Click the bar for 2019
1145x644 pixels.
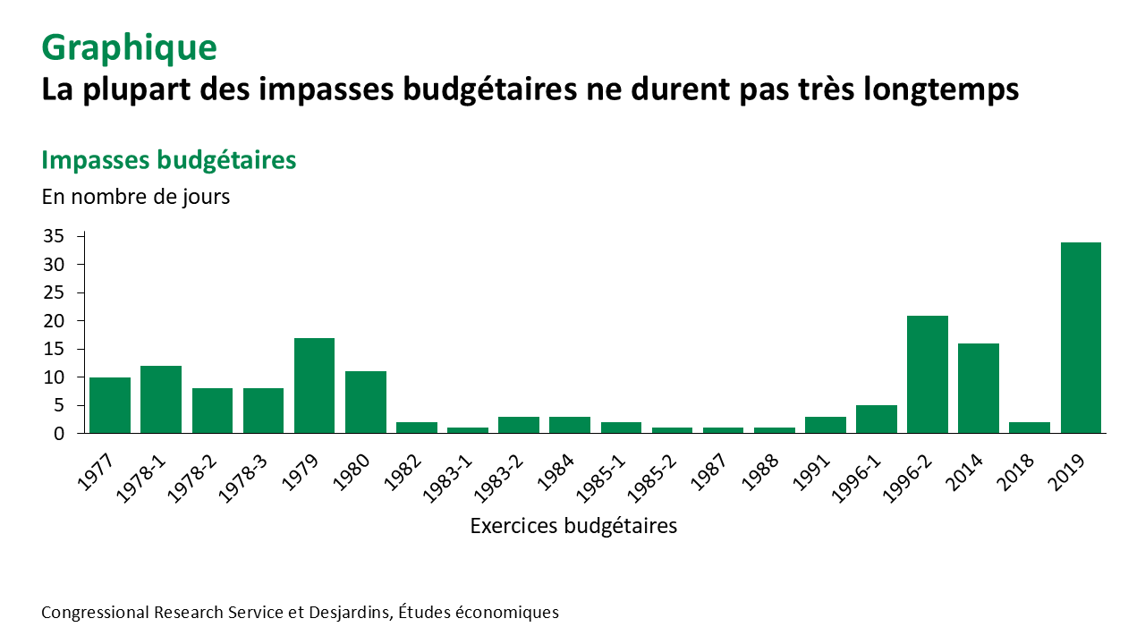(1081, 337)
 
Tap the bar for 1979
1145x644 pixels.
(314, 386)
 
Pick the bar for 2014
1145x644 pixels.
(979, 388)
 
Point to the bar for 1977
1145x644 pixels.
(110, 405)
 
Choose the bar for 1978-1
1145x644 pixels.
(161, 399)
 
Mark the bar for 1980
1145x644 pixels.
(366, 402)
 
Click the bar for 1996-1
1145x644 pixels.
(877, 419)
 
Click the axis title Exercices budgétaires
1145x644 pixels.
(573, 526)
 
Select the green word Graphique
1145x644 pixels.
(129, 47)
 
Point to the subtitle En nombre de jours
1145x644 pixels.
(136, 197)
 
